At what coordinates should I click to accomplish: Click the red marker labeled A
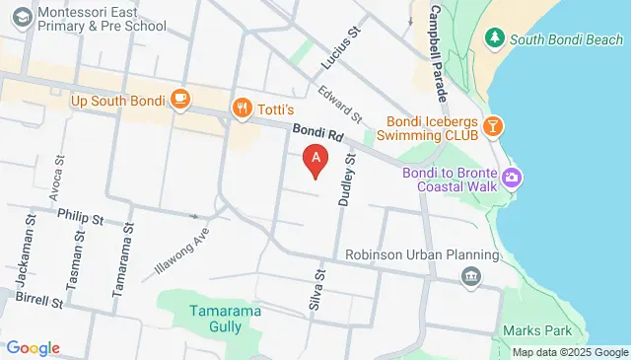click(315, 159)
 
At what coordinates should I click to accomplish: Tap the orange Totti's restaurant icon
click(240, 108)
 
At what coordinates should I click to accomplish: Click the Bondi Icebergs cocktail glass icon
click(494, 125)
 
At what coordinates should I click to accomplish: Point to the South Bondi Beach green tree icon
click(495, 38)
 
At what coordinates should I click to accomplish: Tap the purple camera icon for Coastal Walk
click(511, 179)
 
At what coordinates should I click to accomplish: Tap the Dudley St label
click(347, 180)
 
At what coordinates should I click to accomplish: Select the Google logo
click(33, 348)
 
